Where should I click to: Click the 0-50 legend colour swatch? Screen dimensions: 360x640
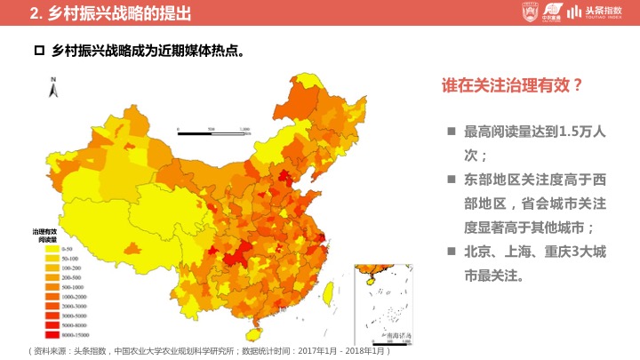point(52,249)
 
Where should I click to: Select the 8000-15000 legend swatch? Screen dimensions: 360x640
point(52,334)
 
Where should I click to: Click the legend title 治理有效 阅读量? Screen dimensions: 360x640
point(46,236)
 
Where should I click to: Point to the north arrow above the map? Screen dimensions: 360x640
point(53,86)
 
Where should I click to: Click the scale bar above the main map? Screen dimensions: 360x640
point(213,131)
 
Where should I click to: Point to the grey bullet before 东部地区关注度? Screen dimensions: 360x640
point(452,179)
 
